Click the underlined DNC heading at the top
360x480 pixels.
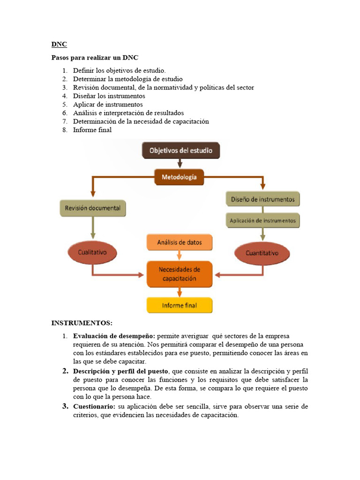point(59,45)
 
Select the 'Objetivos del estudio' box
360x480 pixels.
point(180,151)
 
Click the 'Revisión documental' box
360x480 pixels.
point(93,208)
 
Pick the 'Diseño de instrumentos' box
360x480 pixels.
point(262,199)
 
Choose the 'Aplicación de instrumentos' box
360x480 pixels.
point(262,220)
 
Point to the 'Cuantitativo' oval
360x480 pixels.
point(262,253)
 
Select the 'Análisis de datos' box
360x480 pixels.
point(180,242)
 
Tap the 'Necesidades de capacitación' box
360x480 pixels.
point(180,274)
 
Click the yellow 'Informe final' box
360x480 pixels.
point(180,305)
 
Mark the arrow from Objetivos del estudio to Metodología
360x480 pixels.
point(180,163)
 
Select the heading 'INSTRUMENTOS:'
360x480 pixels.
point(82,323)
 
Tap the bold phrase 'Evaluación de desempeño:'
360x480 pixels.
point(114,336)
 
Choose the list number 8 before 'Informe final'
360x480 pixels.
point(65,130)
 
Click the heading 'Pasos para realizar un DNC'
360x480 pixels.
point(95,58)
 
